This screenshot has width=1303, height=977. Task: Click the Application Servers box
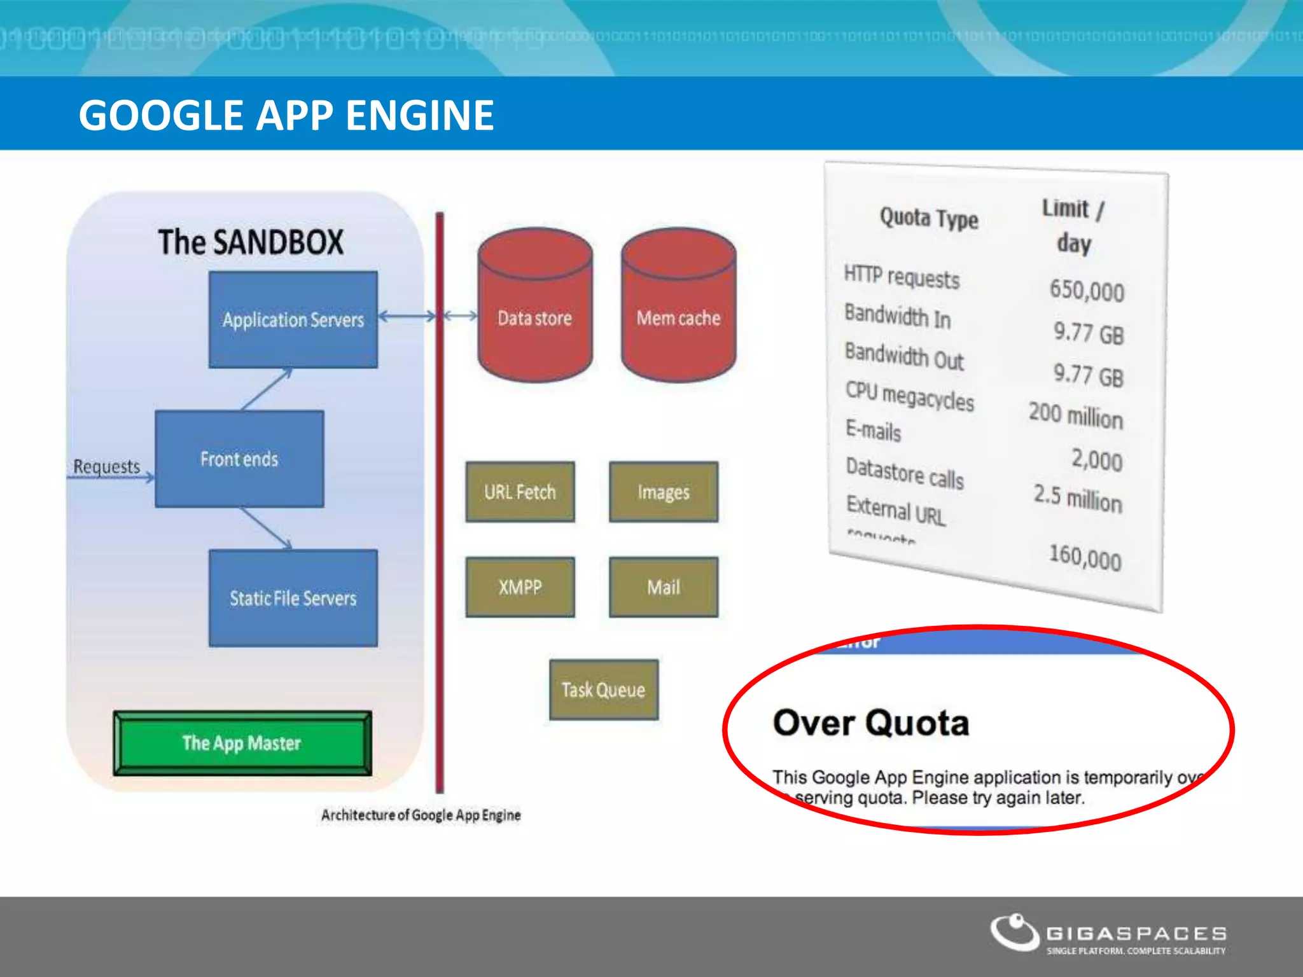click(293, 319)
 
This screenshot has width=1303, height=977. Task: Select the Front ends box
click(239, 459)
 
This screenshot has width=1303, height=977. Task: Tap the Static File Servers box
click(293, 598)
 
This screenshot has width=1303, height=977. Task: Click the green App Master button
click(242, 743)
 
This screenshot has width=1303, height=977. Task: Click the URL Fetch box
click(520, 492)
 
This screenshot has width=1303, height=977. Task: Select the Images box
click(663, 492)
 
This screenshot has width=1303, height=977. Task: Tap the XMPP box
click(520, 587)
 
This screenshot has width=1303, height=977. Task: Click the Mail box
click(663, 587)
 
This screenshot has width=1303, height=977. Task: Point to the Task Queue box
click(603, 689)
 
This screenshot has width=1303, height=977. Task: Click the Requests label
click(106, 466)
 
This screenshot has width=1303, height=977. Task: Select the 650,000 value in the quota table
click(1086, 290)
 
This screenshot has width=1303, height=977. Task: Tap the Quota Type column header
click(928, 218)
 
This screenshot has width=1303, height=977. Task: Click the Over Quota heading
click(870, 723)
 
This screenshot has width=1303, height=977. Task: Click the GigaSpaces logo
click(1108, 934)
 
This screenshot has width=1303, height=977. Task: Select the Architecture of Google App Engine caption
click(421, 815)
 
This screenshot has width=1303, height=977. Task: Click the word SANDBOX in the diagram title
click(277, 242)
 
